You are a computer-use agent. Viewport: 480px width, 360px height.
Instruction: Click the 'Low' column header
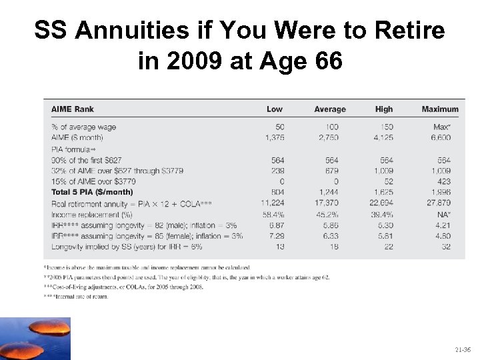tap(275, 109)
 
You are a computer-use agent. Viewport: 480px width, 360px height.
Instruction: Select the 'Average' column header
tap(330, 109)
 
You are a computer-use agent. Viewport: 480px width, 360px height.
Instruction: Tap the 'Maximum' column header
tap(440, 109)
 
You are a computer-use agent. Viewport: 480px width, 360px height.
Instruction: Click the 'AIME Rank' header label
tap(73, 109)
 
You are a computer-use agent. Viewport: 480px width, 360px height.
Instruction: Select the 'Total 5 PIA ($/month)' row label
tap(96, 193)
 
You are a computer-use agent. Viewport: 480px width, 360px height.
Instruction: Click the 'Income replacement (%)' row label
tap(92, 215)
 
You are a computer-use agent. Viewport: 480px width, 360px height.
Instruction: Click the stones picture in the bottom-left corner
tap(35, 339)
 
